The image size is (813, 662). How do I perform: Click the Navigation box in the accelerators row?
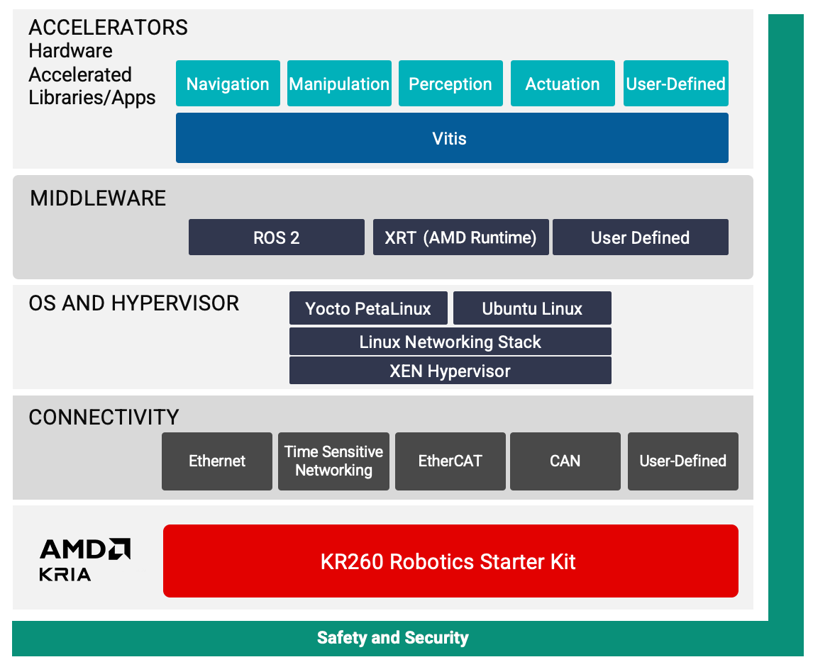pos(228,84)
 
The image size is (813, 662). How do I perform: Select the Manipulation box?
pos(339,84)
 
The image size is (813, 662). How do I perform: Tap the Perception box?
pos(450,84)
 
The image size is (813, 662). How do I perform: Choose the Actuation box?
pos(563,84)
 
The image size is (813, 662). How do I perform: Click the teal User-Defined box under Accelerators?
pos(675,84)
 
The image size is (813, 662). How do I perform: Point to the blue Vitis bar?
pos(452,138)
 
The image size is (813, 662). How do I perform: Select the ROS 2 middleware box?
pos(276,237)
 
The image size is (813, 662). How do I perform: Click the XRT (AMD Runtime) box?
pos(460,237)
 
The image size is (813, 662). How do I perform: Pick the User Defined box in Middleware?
pos(640,237)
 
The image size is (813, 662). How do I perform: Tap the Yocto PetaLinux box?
pos(368,308)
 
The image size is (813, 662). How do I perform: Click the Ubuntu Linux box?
pos(532,308)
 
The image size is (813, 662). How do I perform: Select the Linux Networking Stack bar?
pos(450,342)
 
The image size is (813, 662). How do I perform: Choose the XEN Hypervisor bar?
pos(450,371)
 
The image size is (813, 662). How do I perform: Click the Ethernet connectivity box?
pos(217,461)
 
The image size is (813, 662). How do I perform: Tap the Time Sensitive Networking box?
pos(333,461)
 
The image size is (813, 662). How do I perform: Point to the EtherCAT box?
pos(450,461)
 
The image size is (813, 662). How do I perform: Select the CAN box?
pos(565,461)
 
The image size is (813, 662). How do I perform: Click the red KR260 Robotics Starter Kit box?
pos(450,561)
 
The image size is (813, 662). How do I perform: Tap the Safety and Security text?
pos(392,638)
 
